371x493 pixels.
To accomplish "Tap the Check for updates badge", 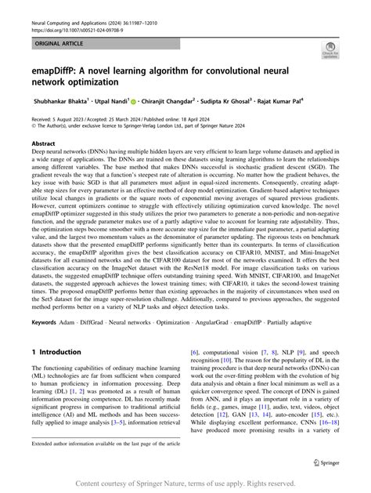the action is click(x=328, y=53).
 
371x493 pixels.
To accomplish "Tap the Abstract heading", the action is click(x=44, y=144).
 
